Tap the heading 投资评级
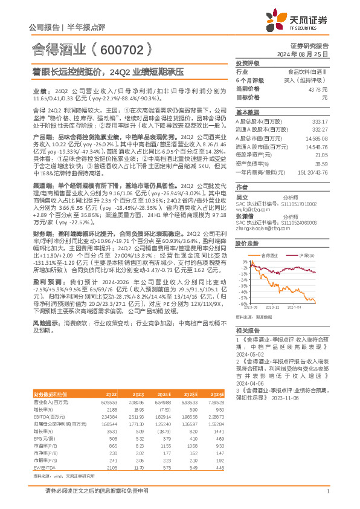247,63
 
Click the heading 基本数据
247,112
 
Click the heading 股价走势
247,244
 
